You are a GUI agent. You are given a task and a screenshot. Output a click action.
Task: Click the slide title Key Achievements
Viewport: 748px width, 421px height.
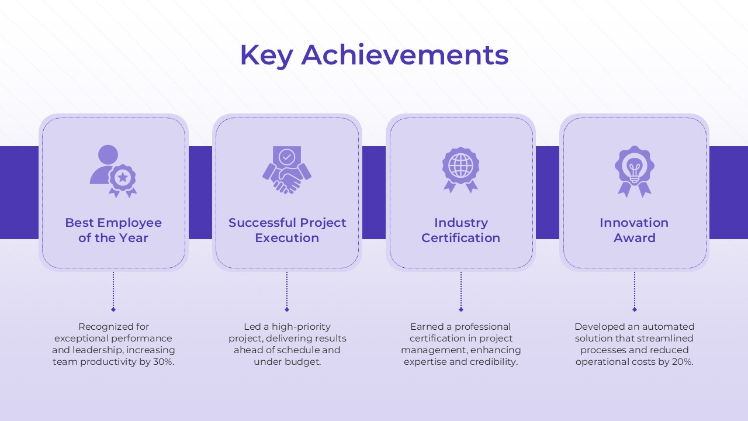pyautogui.click(x=374, y=55)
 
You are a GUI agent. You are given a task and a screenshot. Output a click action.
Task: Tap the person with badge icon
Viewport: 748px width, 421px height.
pyautogui.click(x=113, y=171)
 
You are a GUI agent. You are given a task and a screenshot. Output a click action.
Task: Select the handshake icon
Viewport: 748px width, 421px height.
pyautogui.click(x=287, y=170)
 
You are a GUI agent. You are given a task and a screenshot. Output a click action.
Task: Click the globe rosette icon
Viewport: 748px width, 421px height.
pyautogui.click(x=461, y=170)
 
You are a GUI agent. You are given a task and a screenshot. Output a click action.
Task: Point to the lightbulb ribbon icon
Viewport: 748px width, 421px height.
pyautogui.click(x=635, y=171)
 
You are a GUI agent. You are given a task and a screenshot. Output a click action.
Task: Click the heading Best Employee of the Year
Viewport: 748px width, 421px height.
pyautogui.click(x=113, y=230)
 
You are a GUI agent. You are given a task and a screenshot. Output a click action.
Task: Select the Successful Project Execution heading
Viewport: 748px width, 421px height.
pyautogui.click(x=287, y=230)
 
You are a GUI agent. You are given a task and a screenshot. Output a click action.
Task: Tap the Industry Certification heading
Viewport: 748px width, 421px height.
pyautogui.click(x=461, y=230)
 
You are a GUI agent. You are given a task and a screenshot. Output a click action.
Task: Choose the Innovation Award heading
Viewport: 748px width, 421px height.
pyautogui.click(x=634, y=230)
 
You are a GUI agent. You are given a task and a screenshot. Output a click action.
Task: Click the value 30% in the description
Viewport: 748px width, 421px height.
pyautogui.click(x=163, y=361)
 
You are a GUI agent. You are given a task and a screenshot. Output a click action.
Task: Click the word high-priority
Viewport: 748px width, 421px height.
pyautogui.click(x=301, y=327)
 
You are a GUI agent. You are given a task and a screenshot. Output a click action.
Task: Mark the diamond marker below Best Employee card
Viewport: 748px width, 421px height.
pyautogui.click(x=113, y=310)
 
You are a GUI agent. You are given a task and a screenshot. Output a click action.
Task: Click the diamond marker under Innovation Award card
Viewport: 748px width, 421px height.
pyautogui.click(x=635, y=310)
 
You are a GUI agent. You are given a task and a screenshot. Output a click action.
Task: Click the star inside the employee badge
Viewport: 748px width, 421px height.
pyautogui.click(x=123, y=177)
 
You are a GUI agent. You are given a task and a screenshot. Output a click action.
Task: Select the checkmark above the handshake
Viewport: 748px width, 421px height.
pyautogui.click(x=287, y=156)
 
